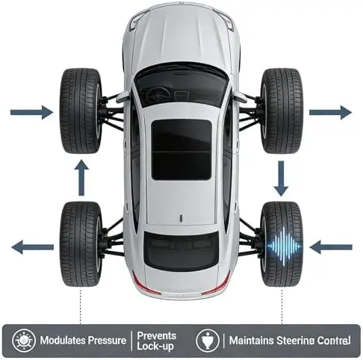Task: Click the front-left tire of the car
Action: [x=81, y=111]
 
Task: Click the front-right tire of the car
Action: [x=282, y=111]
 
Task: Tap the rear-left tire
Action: [x=81, y=244]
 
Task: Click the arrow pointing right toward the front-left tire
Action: [x=31, y=112]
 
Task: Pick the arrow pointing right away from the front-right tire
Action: [x=330, y=112]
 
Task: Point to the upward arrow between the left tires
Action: [x=81, y=178]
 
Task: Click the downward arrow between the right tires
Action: [x=281, y=179]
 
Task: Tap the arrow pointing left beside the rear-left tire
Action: [x=33, y=247]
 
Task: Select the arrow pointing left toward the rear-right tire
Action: [x=331, y=247]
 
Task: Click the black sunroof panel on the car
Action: [x=181, y=150]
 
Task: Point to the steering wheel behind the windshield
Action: [x=158, y=93]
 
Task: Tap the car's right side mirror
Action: [x=240, y=96]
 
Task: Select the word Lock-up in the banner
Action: [x=155, y=347]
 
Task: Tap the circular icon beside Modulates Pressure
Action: [x=24, y=341]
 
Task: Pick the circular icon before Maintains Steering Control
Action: [x=208, y=341]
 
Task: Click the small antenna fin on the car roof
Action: [x=181, y=217]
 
